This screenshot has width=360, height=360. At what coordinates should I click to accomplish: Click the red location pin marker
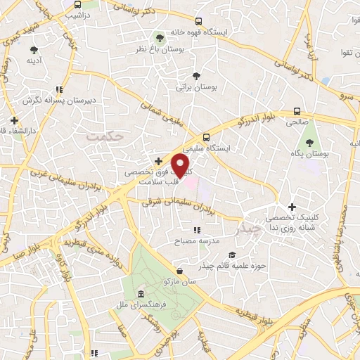[x=182, y=166]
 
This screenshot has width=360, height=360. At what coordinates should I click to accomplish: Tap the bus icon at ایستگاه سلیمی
[x=206, y=137]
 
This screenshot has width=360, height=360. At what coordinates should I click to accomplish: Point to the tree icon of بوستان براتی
[x=196, y=75]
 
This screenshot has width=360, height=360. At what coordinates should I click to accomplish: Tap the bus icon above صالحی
[x=297, y=111]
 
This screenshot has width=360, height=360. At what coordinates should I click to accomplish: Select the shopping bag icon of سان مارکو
[x=181, y=271]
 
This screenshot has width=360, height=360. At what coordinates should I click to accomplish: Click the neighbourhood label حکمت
[x=105, y=135]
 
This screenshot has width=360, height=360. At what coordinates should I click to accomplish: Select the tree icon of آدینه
[x=34, y=50]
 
